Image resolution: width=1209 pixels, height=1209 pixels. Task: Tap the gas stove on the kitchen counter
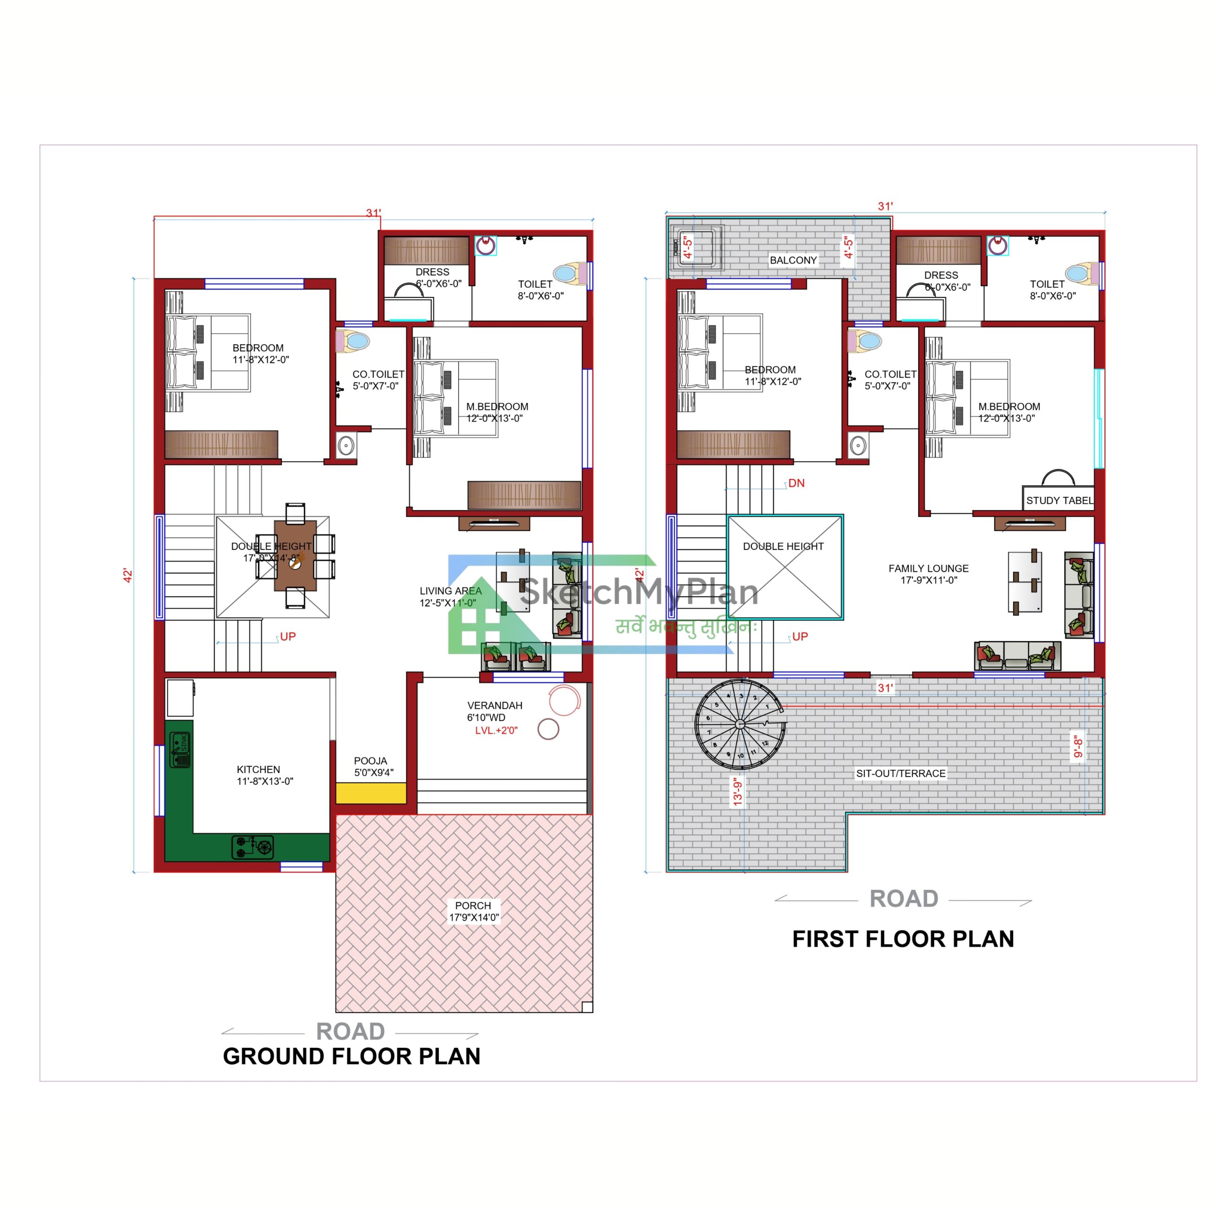(x=253, y=847)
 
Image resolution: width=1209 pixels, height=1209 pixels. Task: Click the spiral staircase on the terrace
(x=740, y=724)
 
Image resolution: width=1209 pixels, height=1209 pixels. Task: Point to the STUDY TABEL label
(x=1059, y=501)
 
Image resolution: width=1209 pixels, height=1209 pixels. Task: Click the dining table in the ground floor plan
(x=295, y=555)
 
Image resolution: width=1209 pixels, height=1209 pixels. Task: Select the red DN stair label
(x=796, y=484)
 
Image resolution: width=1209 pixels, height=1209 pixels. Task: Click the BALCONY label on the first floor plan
(x=793, y=260)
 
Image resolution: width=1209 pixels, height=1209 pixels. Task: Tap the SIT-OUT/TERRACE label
(x=901, y=774)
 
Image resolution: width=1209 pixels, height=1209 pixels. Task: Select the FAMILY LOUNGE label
(x=928, y=574)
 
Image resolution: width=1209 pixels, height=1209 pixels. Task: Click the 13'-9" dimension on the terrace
(x=738, y=791)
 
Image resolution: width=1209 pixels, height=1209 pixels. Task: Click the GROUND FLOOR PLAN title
(x=352, y=1056)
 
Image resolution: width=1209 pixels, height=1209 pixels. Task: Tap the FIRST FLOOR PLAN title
(x=903, y=939)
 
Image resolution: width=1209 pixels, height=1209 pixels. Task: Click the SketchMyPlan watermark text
(x=639, y=592)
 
